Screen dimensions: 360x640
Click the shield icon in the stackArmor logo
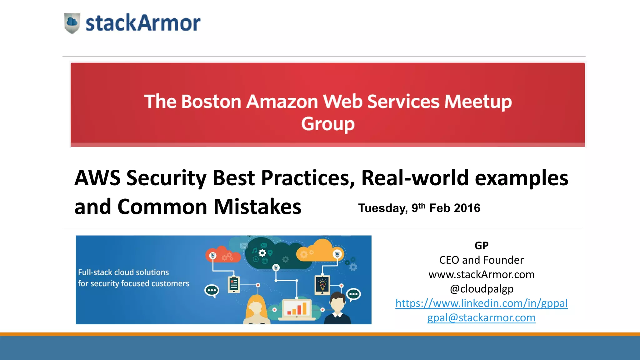click(72, 23)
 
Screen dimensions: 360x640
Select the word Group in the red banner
click(328, 124)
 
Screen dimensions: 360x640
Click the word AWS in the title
click(97, 178)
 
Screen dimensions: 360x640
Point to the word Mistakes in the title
click(257, 207)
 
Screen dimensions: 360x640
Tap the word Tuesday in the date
click(383, 208)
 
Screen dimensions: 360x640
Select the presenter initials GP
click(481, 246)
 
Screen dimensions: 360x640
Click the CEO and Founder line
click(481, 260)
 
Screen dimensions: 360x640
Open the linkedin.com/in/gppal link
click(481, 303)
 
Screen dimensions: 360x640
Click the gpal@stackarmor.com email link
click(481, 317)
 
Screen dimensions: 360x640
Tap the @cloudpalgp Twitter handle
click(481, 289)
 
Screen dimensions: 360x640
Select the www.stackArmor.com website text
click(481, 274)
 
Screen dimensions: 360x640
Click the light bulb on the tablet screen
click(322, 285)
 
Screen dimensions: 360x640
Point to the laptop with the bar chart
click(297, 309)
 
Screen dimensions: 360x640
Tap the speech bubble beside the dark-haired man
click(354, 294)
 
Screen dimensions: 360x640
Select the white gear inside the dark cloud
click(262, 253)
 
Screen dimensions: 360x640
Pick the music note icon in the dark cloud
click(254, 250)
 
